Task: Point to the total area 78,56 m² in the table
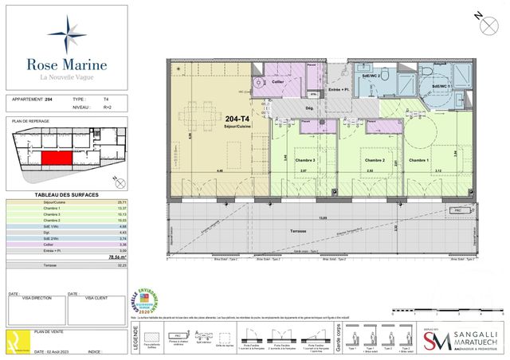point(119,257)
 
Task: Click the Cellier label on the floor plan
point(278,80)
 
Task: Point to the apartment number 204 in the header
point(49,100)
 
